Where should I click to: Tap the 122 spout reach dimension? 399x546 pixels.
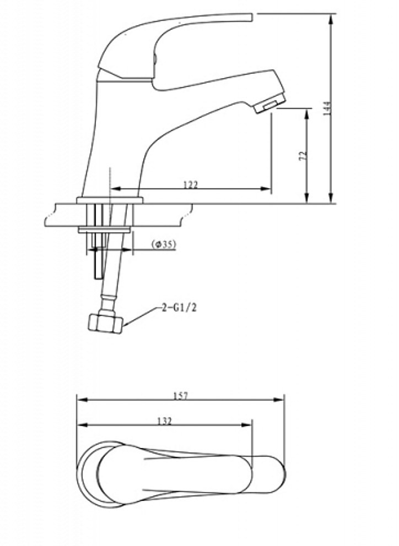(190, 184)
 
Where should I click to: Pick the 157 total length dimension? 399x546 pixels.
(181, 395)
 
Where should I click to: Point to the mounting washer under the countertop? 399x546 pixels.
(105, 229)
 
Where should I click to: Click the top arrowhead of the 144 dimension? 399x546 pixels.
(331, 17)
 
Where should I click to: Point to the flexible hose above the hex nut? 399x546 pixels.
(110, 281)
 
